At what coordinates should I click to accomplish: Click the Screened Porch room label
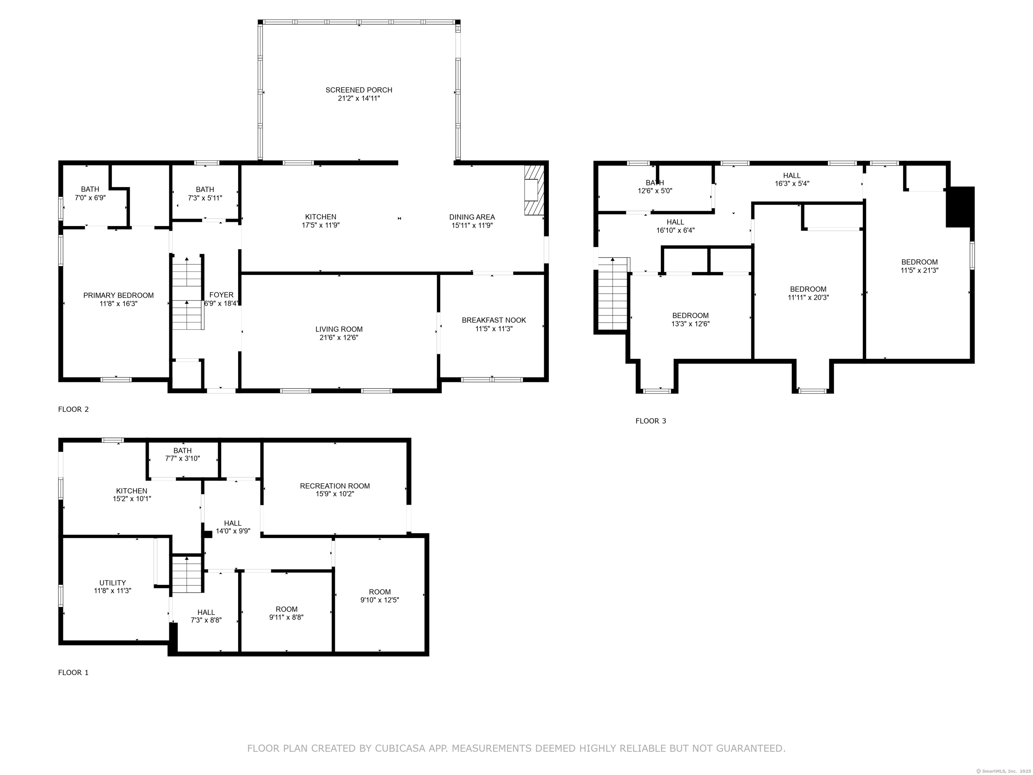click(359, 90)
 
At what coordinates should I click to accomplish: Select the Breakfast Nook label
click(494, 320)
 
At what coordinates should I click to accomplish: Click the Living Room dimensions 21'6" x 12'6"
click(339, 338)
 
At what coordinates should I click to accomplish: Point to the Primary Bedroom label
click(118, 295)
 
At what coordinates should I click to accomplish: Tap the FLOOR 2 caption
click(73, 409)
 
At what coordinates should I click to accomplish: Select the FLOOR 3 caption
click(651, 421)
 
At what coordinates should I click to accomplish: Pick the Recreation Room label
click(335, 486)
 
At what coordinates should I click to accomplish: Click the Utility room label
click(113, 583)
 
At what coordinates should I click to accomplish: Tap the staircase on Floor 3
click(612, 294)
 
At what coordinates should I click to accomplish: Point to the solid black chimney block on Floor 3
click(960, 207)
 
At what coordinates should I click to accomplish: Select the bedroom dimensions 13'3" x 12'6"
click(690, 324)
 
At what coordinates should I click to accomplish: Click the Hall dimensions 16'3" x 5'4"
click(792, 184)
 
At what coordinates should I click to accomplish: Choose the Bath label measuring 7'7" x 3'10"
click(182, 450)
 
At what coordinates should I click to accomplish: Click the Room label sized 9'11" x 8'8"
click(286, 609)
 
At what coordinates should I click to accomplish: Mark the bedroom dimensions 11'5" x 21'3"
click(919, 270)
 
